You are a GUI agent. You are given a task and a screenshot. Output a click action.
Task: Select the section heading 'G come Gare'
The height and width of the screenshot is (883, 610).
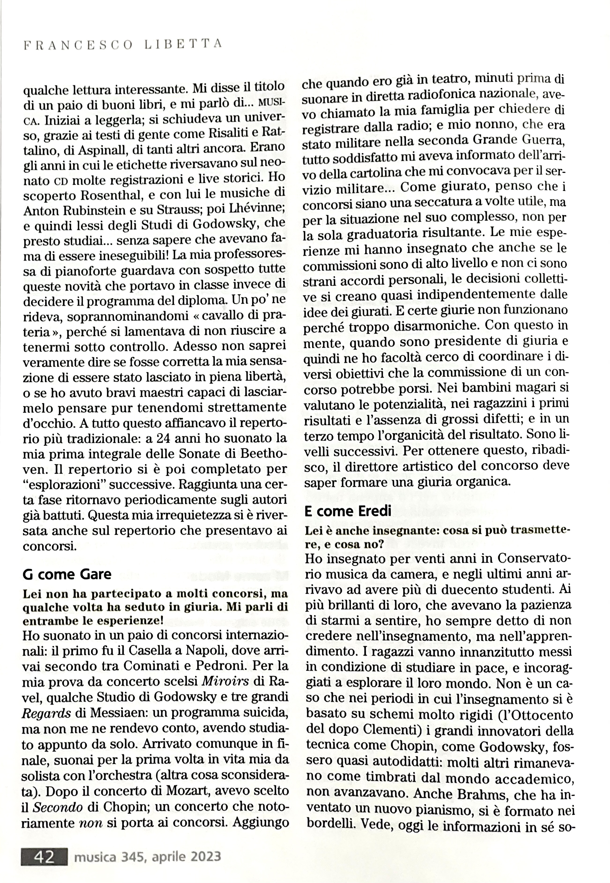pyautogui.click(x=67, y=574)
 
